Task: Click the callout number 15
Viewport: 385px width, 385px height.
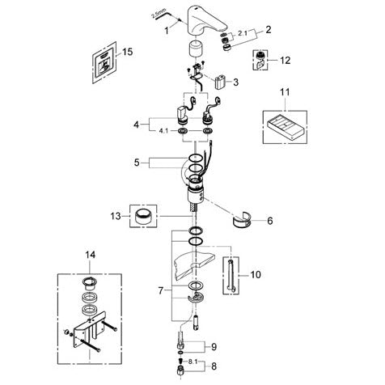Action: (128, 51)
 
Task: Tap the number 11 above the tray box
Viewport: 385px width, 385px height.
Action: (285, 92)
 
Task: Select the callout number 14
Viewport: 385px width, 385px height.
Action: (91, 254)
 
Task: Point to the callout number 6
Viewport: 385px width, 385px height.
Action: (270, 221)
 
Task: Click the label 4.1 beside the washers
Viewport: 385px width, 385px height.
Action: (163, 131)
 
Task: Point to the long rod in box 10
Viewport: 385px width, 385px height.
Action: (230, 275)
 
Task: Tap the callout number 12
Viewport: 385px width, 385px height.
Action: (286, 60)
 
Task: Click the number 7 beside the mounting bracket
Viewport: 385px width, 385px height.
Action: (161, 290)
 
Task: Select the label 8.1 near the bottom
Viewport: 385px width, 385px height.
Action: (192, 362)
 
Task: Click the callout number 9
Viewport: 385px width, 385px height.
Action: (214, 346)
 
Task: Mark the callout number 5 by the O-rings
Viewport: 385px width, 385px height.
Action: (137, 163)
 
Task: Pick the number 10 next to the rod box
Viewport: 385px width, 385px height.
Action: (256, 274)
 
